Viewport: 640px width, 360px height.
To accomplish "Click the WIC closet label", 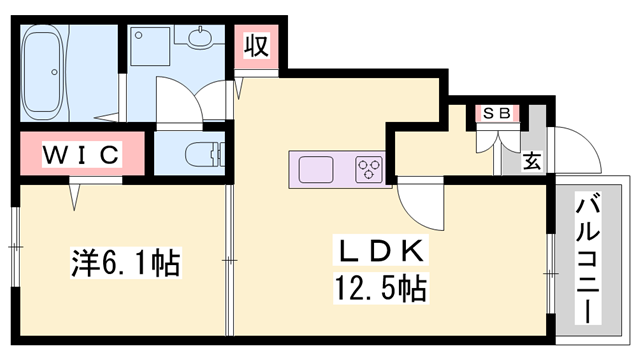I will (82, 155).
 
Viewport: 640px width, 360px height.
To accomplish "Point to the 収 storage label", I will (258, 46).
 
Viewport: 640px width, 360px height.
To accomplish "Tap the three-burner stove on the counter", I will (368, 167).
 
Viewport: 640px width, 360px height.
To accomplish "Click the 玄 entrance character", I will (532, 161).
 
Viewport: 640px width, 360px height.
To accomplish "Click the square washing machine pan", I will (150, 45).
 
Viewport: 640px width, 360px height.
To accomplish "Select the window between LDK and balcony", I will (549, 270).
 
